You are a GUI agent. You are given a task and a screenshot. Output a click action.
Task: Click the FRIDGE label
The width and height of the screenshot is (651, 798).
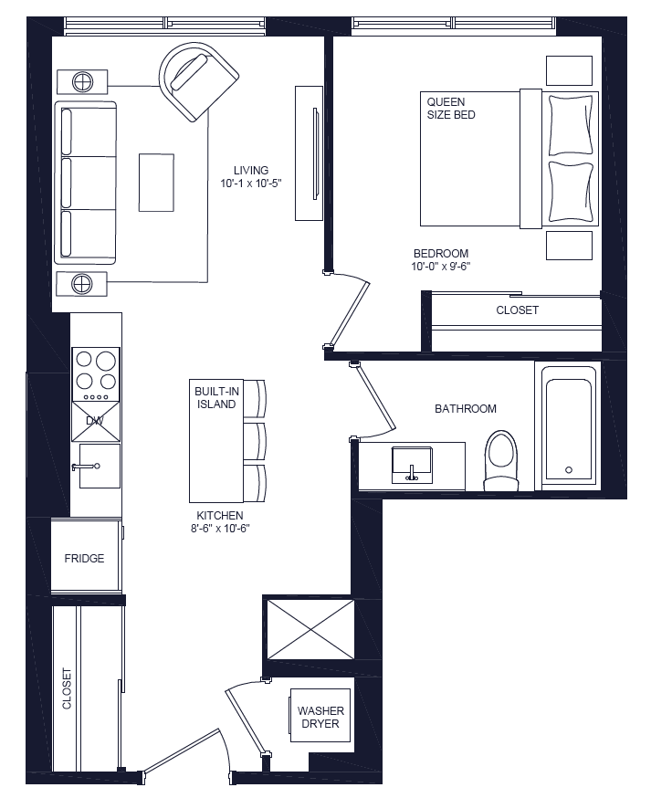tap(84, 558)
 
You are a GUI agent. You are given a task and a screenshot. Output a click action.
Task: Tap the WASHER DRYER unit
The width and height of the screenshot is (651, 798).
tap(320, 718)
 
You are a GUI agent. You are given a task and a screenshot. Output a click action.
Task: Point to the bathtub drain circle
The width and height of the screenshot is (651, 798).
tap(569, 470)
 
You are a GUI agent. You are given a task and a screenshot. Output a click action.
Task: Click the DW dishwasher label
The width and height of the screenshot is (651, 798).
tap(95, 420)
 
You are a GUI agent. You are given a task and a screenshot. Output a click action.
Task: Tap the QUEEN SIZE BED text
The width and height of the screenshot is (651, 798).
tap(451, 109)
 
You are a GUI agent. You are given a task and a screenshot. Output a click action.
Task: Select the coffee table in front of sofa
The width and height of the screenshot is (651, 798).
tap(156, 183)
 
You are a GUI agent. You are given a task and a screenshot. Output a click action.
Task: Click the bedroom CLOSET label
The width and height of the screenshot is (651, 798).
tap(517, 310)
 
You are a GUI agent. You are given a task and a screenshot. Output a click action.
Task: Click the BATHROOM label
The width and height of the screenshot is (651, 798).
tap(465, 409)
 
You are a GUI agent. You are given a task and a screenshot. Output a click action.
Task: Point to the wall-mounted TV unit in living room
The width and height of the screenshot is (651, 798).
tap(310, 152)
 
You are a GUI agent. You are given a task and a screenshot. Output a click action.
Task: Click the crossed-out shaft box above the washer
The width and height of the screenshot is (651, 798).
tap(309, 628)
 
